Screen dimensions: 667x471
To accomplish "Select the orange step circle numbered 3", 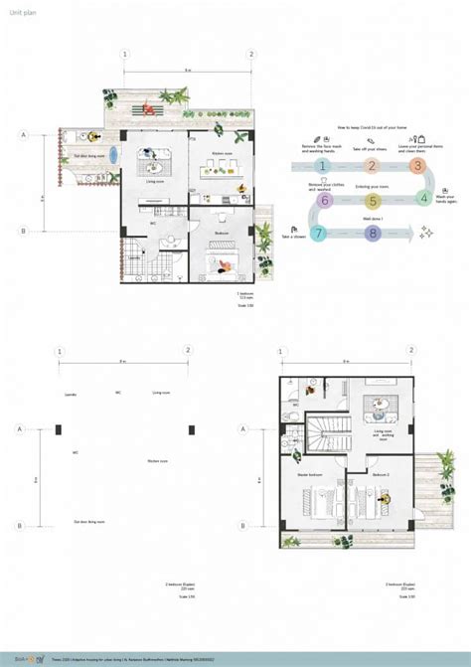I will [x=418, y=166].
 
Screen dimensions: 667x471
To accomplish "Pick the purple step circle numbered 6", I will [x=323, y=200].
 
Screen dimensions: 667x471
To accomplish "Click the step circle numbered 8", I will [x=372, y=234].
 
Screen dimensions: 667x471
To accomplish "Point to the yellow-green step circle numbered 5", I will [x=372, y=200].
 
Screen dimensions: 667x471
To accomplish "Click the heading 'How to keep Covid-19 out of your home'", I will [x=373, y=128].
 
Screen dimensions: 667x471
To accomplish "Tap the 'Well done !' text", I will [x=372, y=217].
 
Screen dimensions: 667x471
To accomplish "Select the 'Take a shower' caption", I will [x=293, y=237].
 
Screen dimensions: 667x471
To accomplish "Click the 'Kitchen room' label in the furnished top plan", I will [x=222, y=153].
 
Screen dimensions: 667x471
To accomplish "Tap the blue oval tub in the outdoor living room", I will [x=112, y=154].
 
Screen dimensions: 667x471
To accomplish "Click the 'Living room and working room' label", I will [x=383, y=434].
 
